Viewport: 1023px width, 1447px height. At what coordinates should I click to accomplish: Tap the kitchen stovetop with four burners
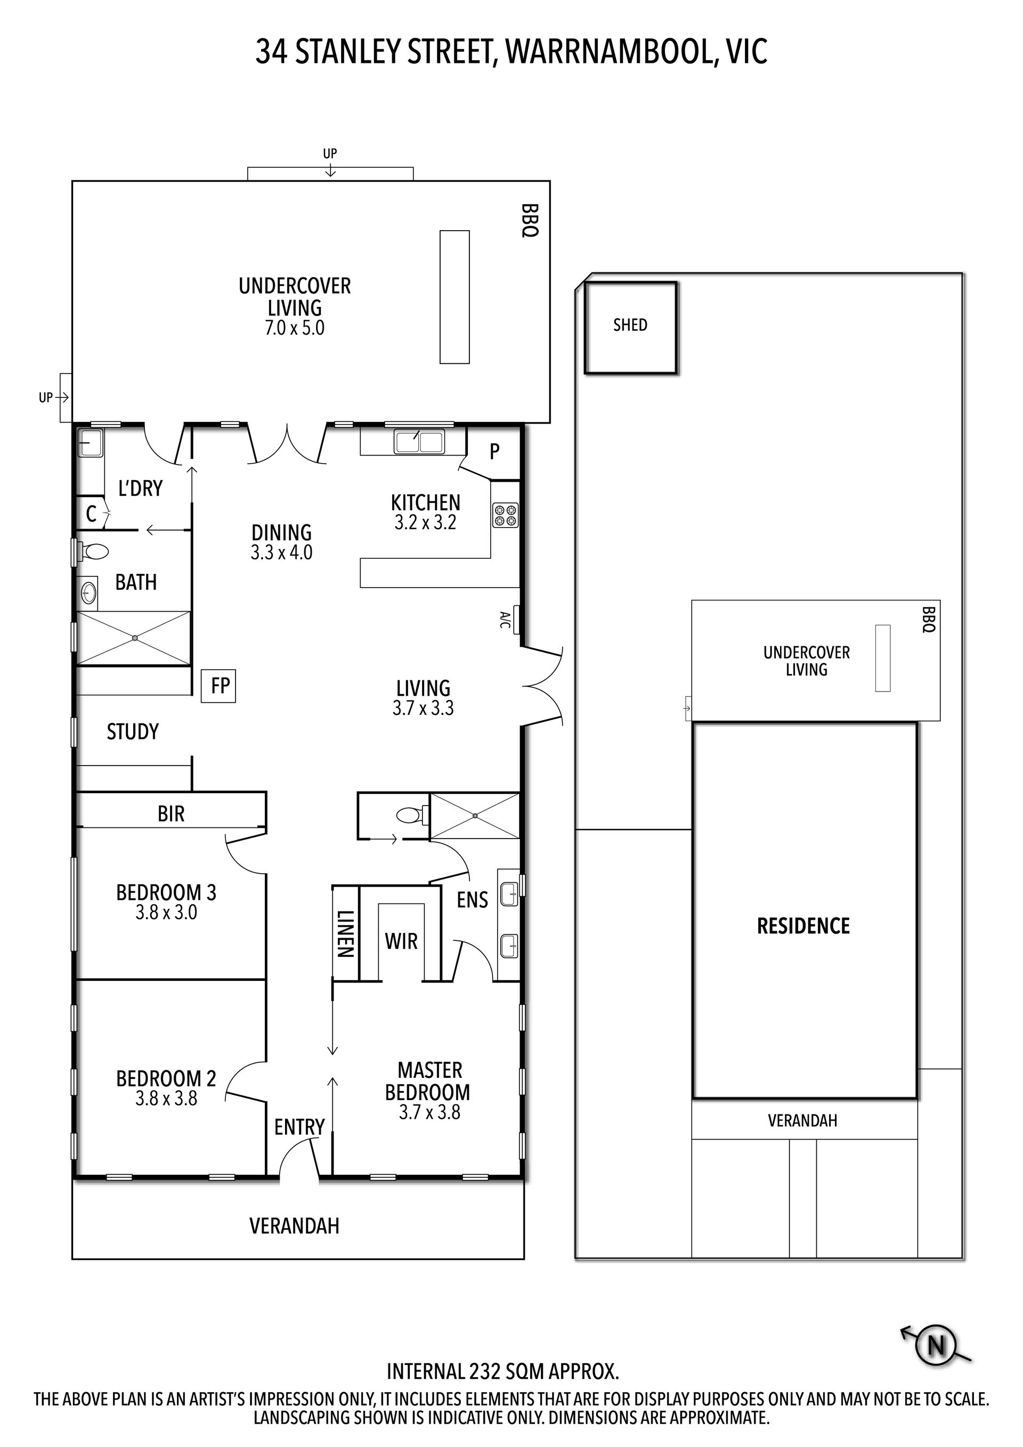506,514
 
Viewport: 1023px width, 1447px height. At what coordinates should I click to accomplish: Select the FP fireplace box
218,686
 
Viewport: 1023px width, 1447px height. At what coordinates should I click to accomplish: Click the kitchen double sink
419,441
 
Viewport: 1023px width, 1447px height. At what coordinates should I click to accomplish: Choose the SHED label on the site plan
630,325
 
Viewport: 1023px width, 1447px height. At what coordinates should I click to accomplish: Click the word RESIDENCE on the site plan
803,926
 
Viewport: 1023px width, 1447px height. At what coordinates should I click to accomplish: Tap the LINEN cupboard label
345,933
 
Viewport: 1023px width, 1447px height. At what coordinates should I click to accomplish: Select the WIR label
402,941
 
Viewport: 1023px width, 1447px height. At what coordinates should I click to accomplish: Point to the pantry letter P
495,451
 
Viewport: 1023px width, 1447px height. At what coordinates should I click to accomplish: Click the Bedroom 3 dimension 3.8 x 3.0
166,912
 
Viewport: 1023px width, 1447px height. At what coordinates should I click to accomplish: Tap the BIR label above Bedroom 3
171,814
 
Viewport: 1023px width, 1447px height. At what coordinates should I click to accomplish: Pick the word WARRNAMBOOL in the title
610,52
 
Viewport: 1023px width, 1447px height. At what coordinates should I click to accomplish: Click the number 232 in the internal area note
485,1372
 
